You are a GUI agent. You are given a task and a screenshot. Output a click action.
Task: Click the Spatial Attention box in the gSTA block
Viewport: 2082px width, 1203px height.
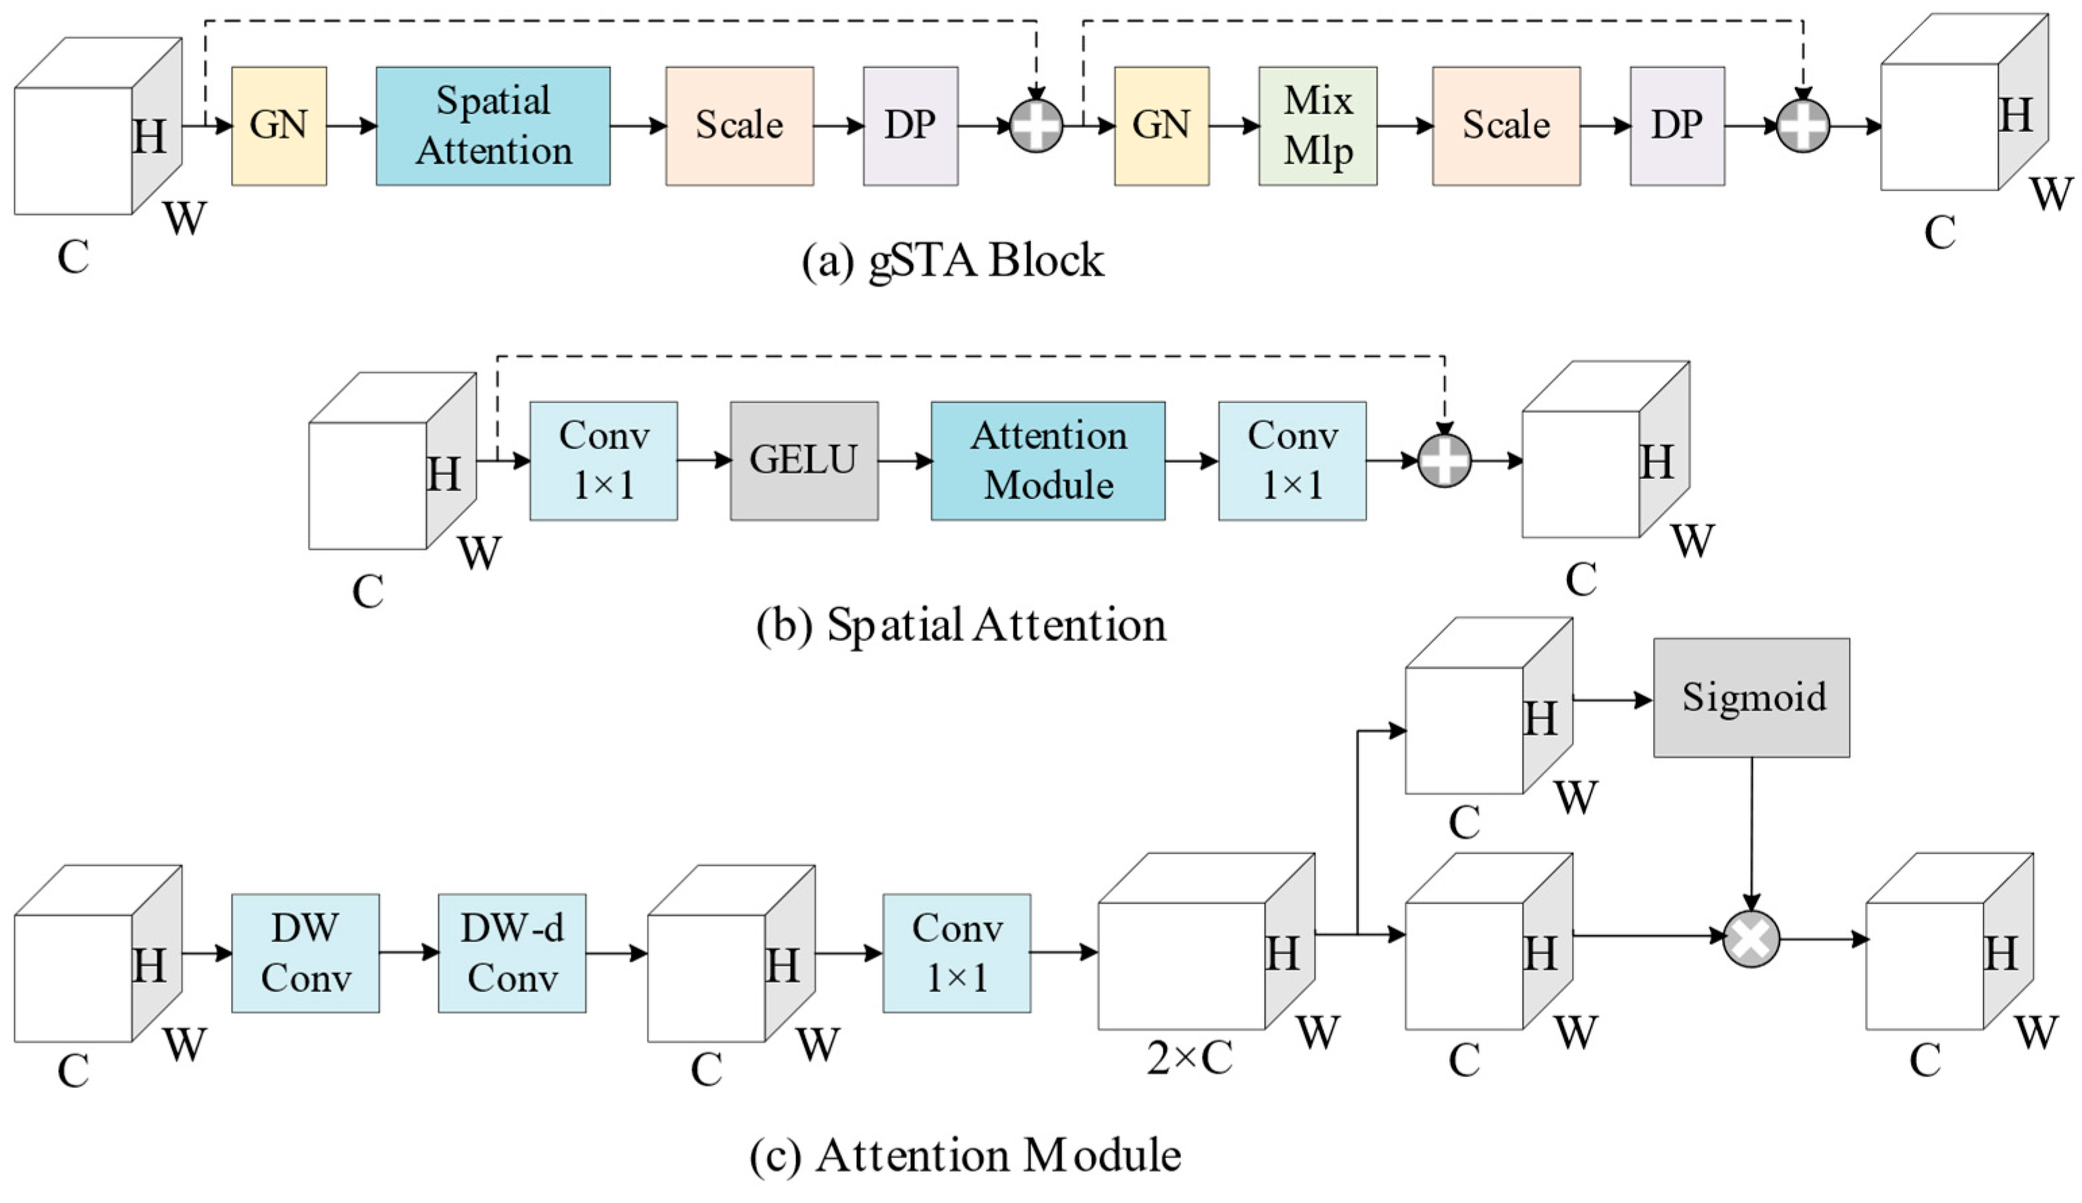coord(493,126)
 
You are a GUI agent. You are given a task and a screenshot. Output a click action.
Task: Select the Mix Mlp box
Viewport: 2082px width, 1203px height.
coord(1318,126)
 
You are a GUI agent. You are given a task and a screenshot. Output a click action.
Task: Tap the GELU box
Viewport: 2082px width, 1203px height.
coord(804,460)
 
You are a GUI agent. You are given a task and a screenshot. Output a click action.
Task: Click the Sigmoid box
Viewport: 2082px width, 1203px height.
coord(1751,697)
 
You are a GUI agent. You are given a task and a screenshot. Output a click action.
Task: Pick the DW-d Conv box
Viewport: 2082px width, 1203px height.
coord(512,953)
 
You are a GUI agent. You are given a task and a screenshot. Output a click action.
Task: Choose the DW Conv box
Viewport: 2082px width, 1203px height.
coord(305,953)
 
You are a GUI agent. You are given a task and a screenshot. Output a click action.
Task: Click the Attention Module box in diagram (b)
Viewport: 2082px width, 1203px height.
coord(1048,460)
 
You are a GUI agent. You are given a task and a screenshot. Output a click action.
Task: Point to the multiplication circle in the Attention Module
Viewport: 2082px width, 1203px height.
coord(1751,938)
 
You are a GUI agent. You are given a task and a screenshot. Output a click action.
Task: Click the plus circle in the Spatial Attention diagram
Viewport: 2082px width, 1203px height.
coord(1444,460)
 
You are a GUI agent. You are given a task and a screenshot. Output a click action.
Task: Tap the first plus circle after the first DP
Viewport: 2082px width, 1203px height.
coord(1036,126)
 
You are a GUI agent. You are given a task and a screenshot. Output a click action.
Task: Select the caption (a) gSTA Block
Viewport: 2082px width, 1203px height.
coord(953,261)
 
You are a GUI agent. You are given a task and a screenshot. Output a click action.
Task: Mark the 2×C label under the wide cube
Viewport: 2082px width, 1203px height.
coord(1189,1058)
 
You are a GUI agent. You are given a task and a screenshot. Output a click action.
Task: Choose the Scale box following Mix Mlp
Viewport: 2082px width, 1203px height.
coord(1506,126)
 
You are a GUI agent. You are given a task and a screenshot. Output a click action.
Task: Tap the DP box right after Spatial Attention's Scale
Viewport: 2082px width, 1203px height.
coord(911,126)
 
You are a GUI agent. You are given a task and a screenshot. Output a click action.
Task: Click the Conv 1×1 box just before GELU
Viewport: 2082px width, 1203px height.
coord(603,460)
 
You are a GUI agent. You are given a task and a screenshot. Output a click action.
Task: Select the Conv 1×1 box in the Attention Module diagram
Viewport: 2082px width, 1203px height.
coord(957,953)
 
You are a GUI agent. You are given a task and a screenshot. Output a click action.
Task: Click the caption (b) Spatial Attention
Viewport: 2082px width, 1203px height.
coord(961,624)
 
